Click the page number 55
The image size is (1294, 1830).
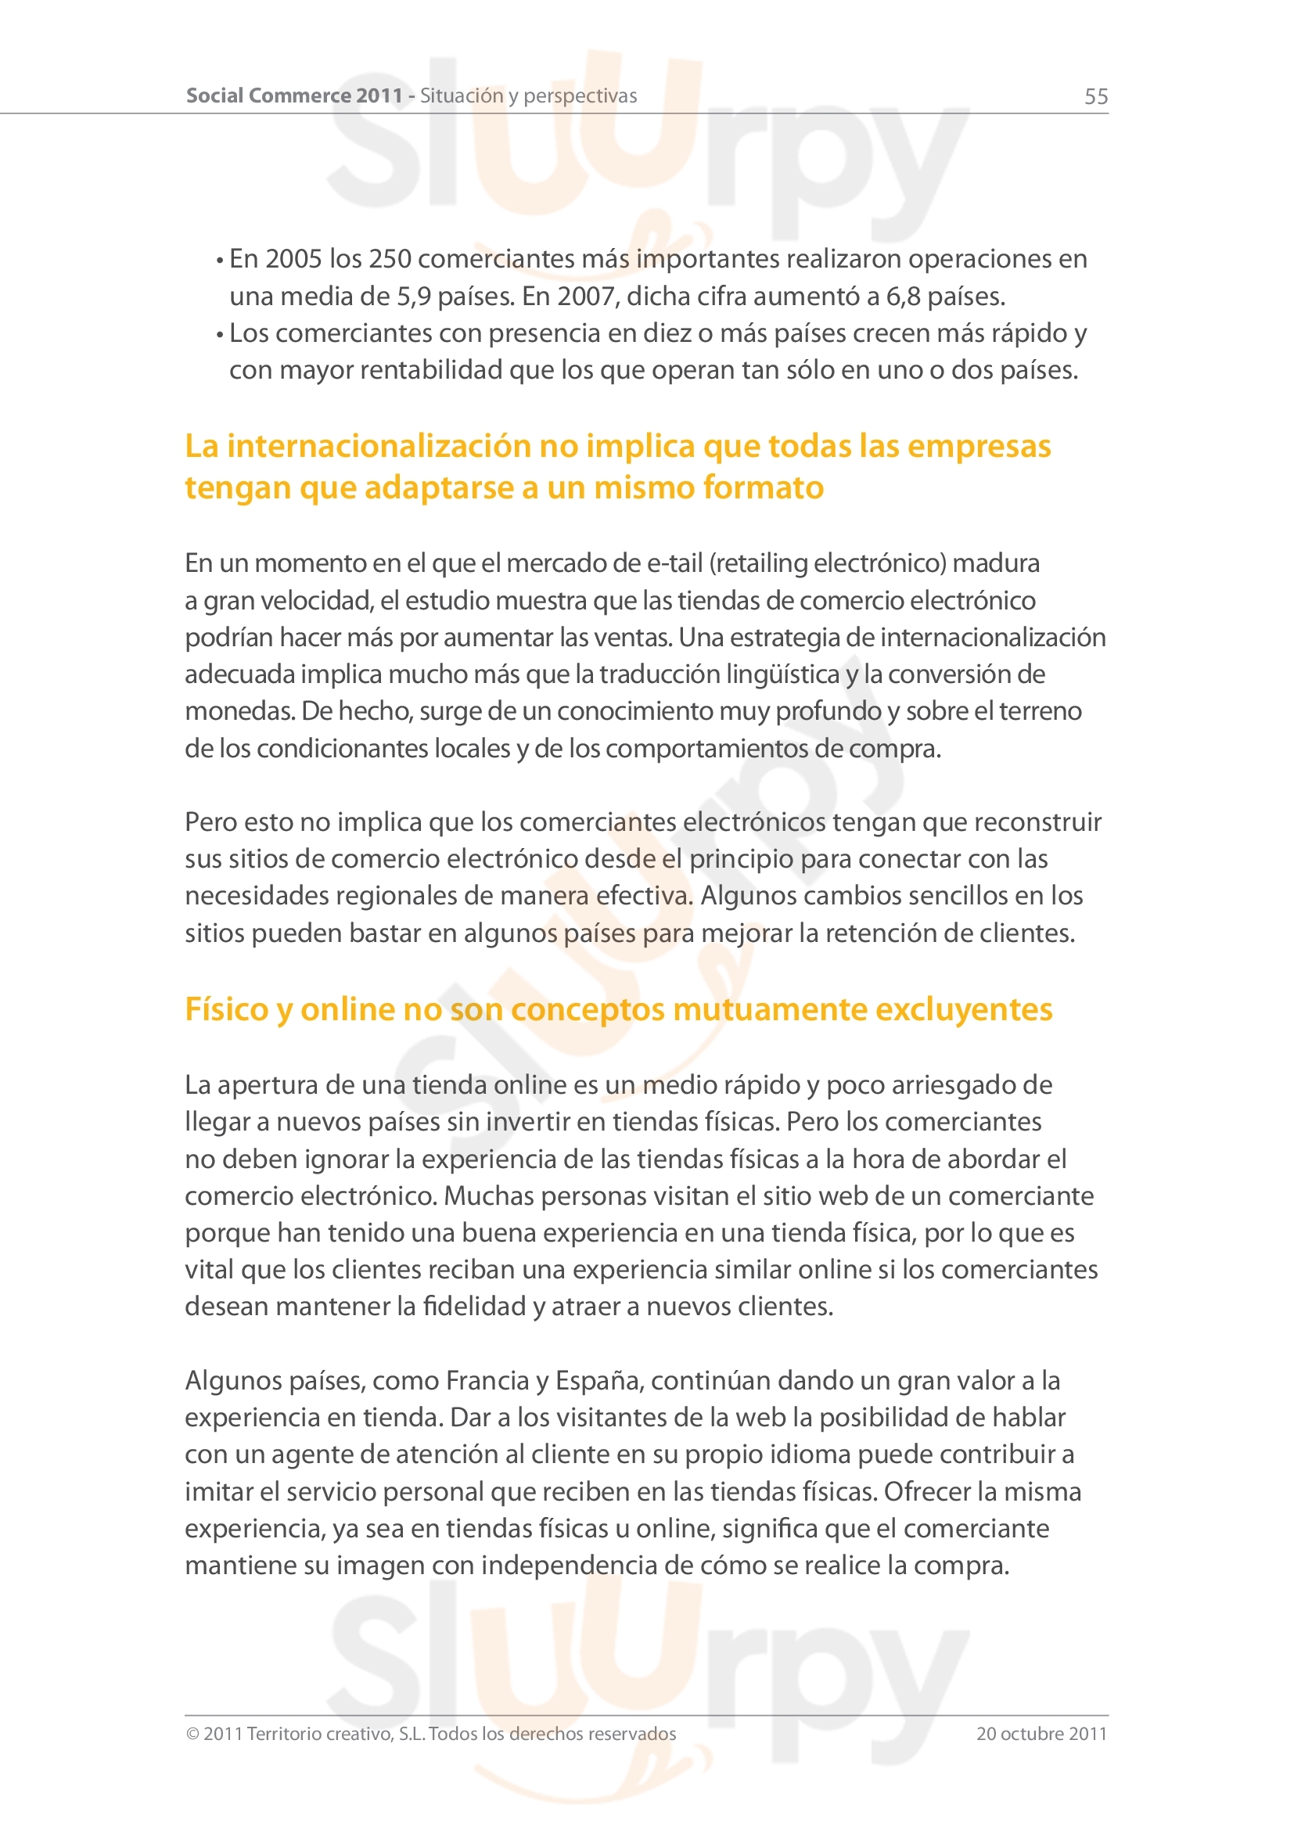pos(1095,96)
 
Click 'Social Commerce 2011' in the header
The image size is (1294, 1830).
pos(294,95)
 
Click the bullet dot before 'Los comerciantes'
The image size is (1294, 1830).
pos(220,335)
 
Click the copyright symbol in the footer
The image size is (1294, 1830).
pos(192,1734)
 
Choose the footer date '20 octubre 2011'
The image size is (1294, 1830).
pos(1041,1734)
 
